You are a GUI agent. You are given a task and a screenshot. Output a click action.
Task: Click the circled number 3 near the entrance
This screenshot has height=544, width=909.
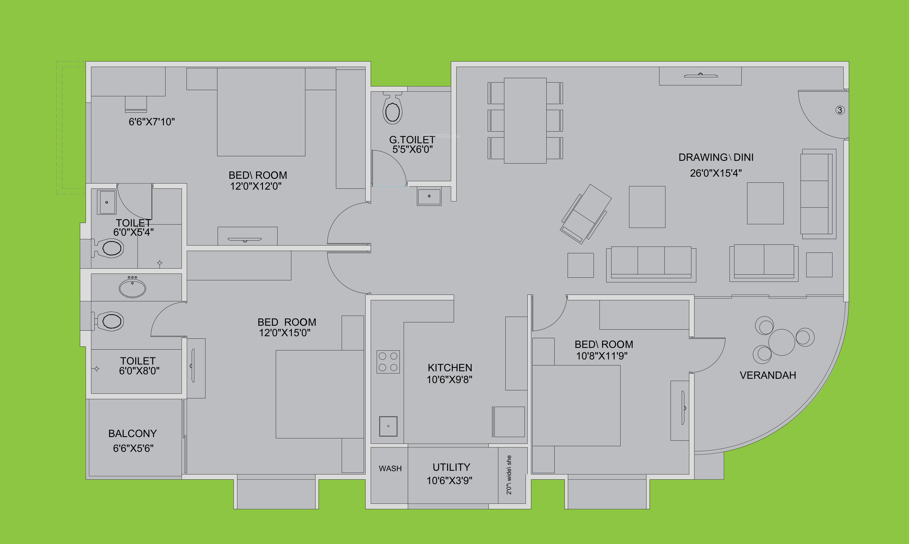(840, 110)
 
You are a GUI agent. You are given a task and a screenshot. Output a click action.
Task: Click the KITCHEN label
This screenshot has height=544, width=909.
(450, 368)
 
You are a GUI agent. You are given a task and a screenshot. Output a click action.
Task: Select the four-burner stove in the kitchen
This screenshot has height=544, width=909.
(388, 362)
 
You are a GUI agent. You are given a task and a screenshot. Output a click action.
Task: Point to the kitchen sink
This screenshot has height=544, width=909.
(388, 426)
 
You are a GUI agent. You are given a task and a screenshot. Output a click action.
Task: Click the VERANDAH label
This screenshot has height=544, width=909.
(768, 375)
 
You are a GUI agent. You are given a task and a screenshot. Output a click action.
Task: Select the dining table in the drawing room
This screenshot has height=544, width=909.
(525, 120)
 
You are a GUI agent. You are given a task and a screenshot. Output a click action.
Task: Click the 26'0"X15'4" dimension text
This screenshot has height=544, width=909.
(715, 173)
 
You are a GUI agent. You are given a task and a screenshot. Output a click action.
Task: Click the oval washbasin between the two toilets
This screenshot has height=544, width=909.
(132, 288)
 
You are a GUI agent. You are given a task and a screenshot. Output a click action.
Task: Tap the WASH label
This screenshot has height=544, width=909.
(390, 468)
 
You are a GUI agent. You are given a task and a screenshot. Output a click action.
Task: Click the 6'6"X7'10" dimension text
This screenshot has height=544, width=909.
(152, 122)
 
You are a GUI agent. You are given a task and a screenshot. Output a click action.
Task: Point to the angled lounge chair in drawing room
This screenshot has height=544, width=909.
(585, 214)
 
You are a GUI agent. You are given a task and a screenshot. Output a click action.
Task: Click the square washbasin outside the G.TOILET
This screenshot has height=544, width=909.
(429, 196)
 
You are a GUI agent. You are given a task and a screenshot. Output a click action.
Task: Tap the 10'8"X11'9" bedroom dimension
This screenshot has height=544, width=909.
(602, 356)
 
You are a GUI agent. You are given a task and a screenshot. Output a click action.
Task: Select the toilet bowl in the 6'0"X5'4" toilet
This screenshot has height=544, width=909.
(110, 248)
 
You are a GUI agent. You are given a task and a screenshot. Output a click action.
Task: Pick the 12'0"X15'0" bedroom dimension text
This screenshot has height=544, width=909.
(285, 333)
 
